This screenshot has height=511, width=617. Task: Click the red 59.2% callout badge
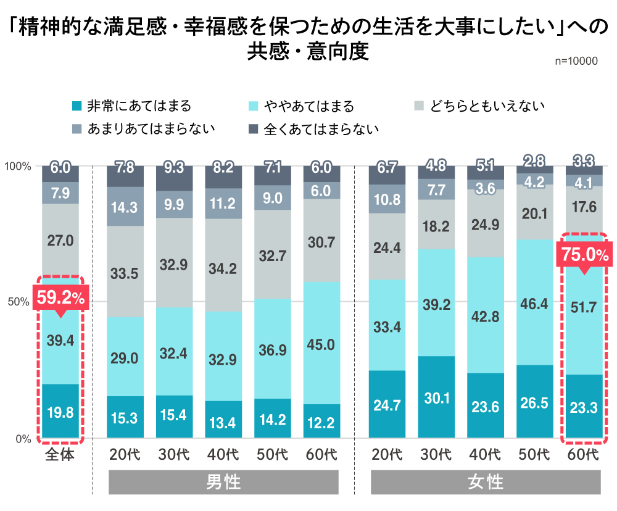pyautogui.click(x=60, y=297)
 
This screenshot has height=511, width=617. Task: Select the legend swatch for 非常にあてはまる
pyautogui.click(x=78, y=106)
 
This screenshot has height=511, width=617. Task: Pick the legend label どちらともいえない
pyautogui.click(x=487, y=106)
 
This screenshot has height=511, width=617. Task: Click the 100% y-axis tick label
pyautogui.click(x=18, y=166)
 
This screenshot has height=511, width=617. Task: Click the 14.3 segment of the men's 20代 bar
pyautogui.click(x=125, y=207)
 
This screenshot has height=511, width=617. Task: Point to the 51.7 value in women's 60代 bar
pyautogui.click(x=584, y=307)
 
